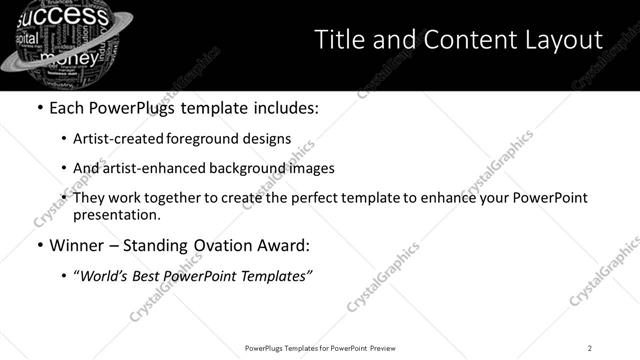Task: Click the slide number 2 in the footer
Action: (x=590, y=347)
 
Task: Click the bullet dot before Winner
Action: (x=39, y=245)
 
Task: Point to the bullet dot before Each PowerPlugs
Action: (x=39, y=108)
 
